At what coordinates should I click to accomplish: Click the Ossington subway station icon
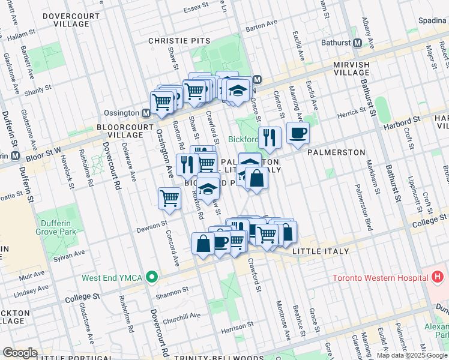pos(146,113)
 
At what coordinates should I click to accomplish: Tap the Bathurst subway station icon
pos(357,43)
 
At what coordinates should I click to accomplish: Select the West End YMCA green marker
pos(152,277)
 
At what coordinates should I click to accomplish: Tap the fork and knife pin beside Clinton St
pos(269,137)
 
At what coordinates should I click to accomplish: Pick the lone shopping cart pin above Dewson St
pos(169,197)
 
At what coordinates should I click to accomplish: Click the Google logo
pos(20,353)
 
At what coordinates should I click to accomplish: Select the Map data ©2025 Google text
pos(412,355)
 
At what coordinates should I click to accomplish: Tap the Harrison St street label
pos(234,328)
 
